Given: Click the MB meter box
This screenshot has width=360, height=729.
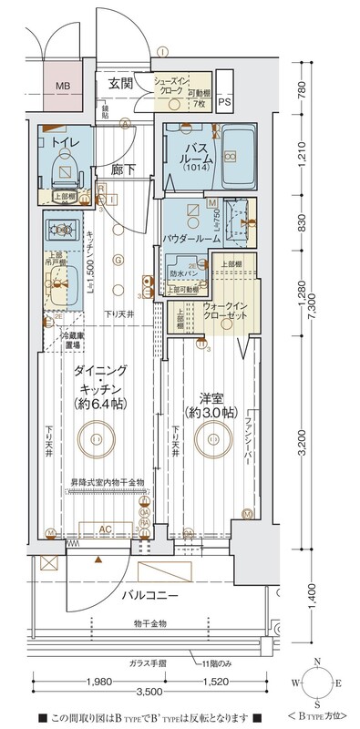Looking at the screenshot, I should click(63, 87).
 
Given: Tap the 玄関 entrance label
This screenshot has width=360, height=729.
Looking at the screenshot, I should click(121, 83).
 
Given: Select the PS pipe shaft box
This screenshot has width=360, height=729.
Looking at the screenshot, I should click(224, 101).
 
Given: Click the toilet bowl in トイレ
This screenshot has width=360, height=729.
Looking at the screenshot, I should click(64, 167).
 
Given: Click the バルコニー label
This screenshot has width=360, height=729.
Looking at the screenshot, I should click(148, 596).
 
